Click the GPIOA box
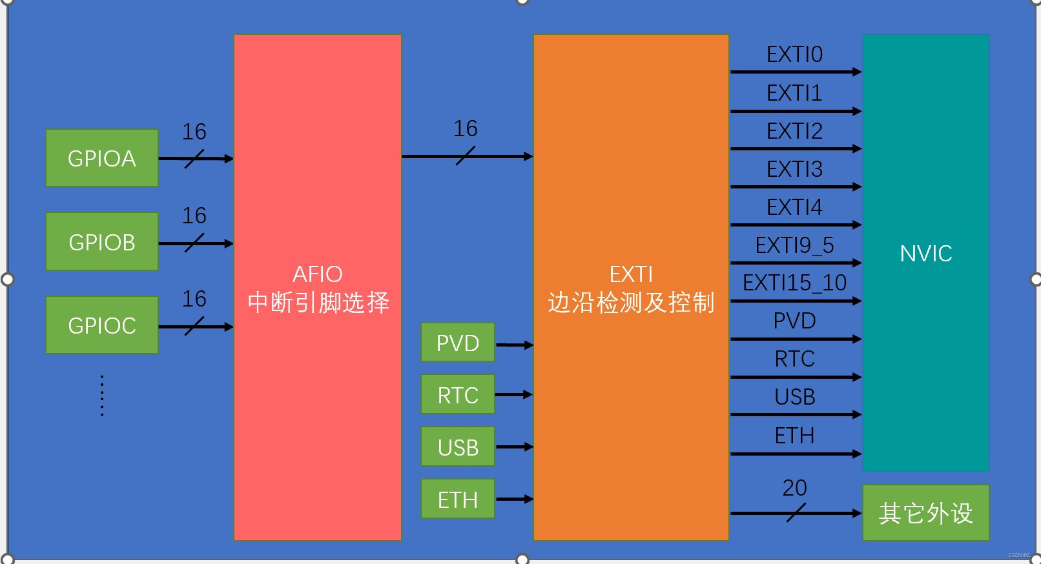coord(102,158)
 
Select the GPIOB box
coord(102,242)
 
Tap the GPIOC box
coord(102,325)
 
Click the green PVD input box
coord(457,343)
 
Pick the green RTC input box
coord(457,395)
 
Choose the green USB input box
coord(457,447)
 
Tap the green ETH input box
coord(457,499)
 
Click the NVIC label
coord(925,254)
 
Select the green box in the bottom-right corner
coord(925,513)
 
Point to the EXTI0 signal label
coord(794,55)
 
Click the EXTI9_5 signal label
coord(794,245)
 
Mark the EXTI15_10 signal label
coord(794,283)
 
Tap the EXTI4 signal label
coord(794,207)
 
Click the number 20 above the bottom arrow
coord(794,488)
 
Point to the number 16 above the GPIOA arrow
coord(194,132)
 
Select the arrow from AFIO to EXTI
coord(467,156)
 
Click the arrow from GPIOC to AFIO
coord(195,327)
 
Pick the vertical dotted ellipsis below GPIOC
coord(102,395)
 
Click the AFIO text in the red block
coord(317,274)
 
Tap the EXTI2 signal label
coord(794,131)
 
